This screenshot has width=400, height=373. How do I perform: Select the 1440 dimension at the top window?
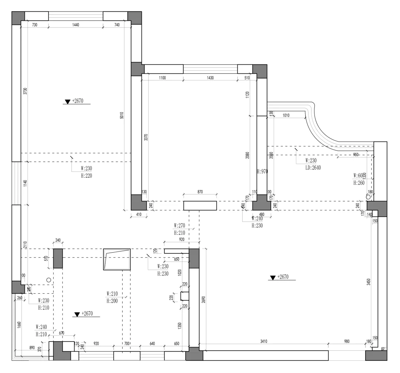click(x=76, y=24)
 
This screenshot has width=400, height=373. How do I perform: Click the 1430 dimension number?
click(x=210, y=78)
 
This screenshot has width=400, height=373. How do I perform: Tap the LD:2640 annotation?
click(x=313, y=167)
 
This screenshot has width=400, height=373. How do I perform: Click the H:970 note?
click(x=262, y=171)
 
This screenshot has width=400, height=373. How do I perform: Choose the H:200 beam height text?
click(x=112, y=301)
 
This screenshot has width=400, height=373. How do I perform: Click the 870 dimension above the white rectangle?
click(x=200, y=192)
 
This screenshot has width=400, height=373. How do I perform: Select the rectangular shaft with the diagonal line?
click(x=117, y=259)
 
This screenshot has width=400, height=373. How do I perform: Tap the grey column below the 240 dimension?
click(x=58, y=259)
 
